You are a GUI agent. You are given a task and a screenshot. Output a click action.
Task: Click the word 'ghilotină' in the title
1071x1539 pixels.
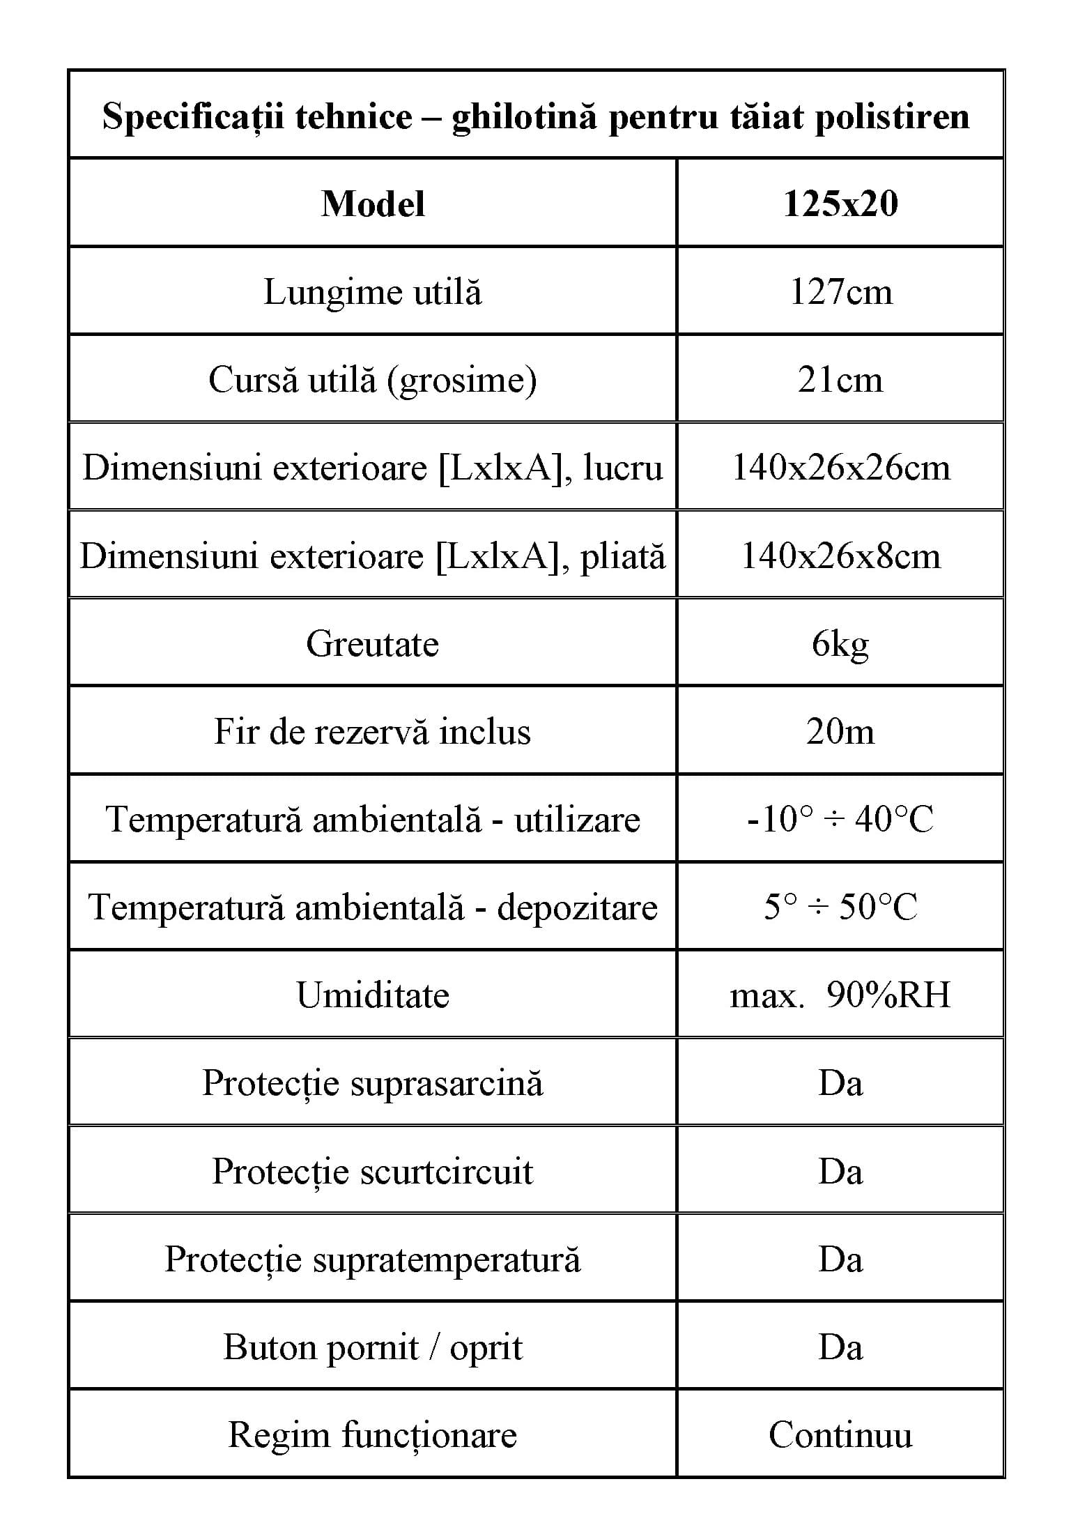[x=524, y=116]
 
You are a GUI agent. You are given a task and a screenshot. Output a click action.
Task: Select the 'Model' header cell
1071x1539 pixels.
[x=373, y=204]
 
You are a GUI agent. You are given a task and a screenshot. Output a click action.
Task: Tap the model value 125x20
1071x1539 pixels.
[x=840, y=204]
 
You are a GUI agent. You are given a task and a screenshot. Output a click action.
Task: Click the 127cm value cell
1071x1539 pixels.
[x=840, y=292]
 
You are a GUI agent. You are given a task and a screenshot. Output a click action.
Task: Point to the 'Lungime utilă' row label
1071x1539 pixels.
[x=373, y=292]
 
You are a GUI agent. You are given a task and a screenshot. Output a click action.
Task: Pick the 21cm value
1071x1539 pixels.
[x=840, y=381]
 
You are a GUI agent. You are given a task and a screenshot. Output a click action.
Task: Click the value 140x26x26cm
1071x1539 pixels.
[x=840, y=468]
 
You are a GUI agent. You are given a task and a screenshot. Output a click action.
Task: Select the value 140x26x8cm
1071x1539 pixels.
[x=840, y=556]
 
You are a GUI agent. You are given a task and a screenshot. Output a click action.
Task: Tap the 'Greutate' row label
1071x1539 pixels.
[x=373, y=644]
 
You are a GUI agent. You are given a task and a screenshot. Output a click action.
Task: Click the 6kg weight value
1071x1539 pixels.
[x=840, y=644]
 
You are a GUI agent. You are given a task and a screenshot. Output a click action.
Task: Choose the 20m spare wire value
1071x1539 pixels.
[x=840, y=732]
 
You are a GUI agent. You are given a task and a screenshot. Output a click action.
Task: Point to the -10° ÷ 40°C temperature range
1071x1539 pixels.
[x=840, y=820]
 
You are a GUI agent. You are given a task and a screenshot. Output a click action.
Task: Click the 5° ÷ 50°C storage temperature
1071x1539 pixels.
[x=840, y=908]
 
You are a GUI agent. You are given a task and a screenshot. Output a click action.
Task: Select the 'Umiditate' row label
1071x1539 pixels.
[x=373, y=995]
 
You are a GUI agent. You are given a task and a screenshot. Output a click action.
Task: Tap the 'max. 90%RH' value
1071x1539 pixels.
[x=840, y=995]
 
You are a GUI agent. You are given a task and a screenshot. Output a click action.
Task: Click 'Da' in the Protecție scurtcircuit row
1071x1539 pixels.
[x=840, y=1172]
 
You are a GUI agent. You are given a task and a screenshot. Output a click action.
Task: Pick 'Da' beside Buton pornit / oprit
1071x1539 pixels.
[x=840, y=1347]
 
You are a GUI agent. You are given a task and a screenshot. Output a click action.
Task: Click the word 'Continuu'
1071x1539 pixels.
[x=840, y=1435]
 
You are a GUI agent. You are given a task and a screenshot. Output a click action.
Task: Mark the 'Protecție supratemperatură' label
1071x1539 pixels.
[x=373, y=1259]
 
